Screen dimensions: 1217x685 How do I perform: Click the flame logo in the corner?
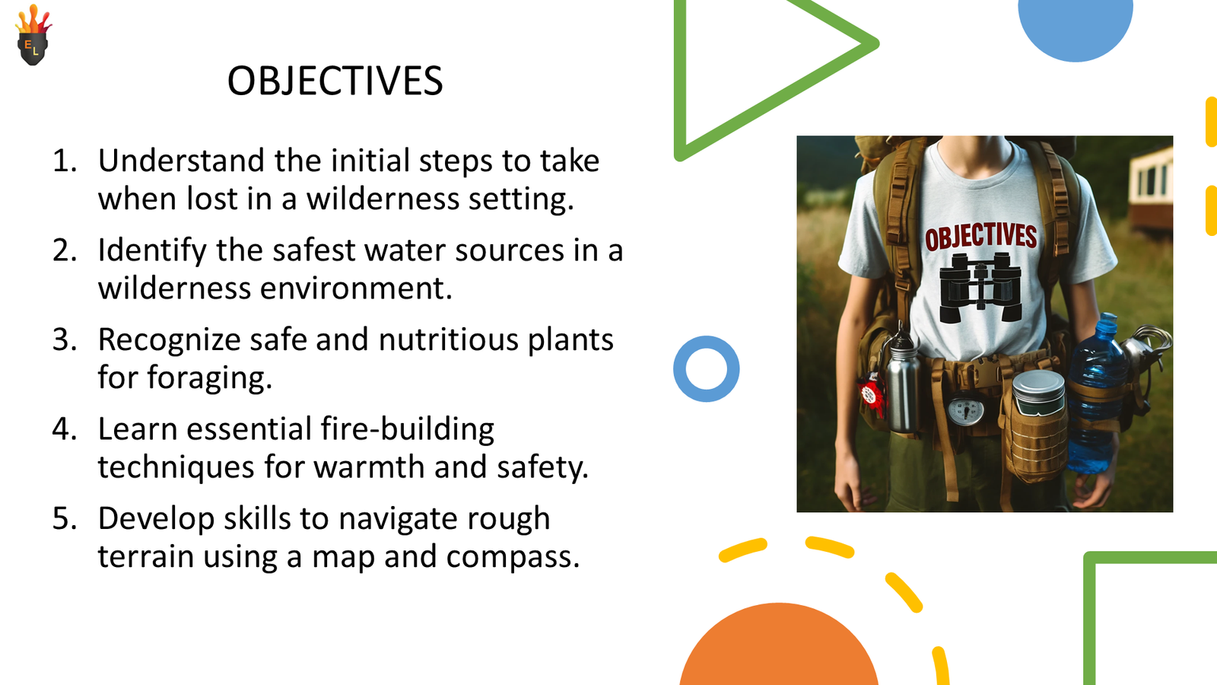(x=33, y=35)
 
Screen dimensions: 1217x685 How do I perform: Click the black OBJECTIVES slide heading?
(x=335, y=81)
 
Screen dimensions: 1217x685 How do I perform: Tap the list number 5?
(x=65, y=518)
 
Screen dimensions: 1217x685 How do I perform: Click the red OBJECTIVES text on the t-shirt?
(x=980, y=237)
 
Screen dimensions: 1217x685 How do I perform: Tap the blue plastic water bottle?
(x=1095, y=394)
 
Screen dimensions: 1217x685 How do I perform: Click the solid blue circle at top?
(x=1076, y=27)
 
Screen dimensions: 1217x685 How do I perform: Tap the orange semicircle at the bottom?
(x=779, y=647)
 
